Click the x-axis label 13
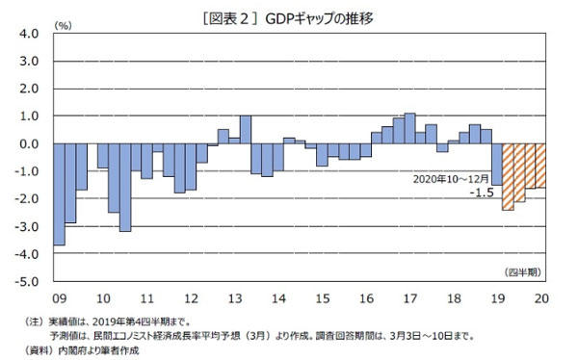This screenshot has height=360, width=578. (235, 299)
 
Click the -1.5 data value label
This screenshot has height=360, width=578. (482, 193)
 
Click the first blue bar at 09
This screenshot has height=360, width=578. (59, 194)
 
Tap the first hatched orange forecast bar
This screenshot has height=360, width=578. (508, 177)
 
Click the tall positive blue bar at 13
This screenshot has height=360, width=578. (246, 130)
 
